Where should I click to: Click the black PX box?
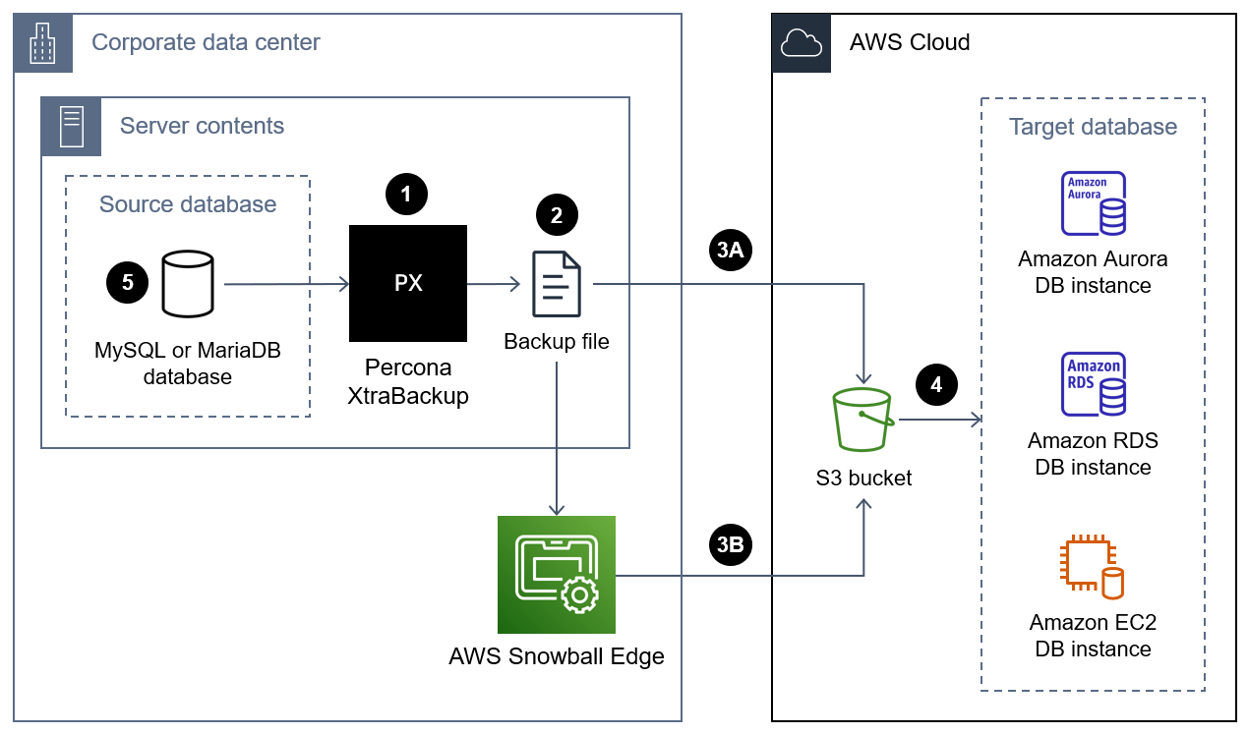(408, 283)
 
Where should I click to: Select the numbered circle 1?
(406, 195)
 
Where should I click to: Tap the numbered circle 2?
(557, 216)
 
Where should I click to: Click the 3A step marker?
(730, 251)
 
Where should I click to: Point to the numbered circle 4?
(935, 385)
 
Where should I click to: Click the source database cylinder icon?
(188, 283)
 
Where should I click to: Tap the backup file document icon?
(557, 284)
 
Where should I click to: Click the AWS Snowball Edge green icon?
(556, 574)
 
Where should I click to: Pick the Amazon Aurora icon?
(1093, 203)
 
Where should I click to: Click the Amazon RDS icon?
(1093, 385)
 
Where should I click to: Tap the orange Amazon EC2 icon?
(1093, 567)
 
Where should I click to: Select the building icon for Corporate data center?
(43, 42)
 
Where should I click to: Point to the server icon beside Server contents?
(71, 126)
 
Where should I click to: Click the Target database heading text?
(1093, 127)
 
